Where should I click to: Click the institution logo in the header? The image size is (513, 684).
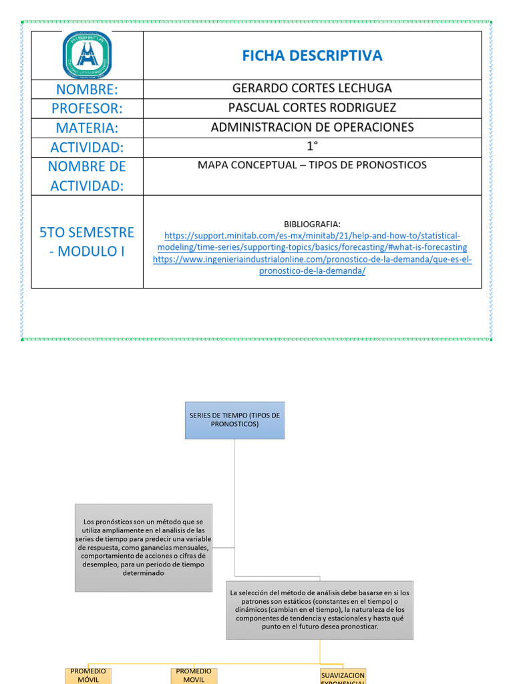click(x=88, y=55)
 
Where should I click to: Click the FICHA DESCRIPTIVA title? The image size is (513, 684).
click(x=312, y=55)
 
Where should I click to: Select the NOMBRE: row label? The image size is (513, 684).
click(x=87, y=90)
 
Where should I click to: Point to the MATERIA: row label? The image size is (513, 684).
click(x=87, y=128)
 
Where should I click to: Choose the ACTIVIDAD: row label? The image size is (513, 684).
click(x=87, y=148)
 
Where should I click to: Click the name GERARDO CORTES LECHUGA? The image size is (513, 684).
click(x=312, y=88)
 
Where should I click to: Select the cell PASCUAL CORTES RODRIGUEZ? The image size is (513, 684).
click(x=312, y=108)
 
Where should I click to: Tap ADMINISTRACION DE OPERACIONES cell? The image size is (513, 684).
click(x=312, y=127)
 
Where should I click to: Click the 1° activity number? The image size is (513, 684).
click(x=312, y=147)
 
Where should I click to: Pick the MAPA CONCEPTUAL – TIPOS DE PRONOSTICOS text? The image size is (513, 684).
click(x=312, y=165)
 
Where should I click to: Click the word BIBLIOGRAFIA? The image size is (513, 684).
click(x=312, y=224)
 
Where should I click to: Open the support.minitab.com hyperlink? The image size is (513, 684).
click(x=312, y=242)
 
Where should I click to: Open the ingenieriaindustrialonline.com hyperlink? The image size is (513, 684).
click(x=312, y=265)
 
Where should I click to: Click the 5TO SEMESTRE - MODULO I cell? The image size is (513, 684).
click(x=87, y=242)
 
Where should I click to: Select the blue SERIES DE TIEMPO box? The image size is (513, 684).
click(x=234, y=420)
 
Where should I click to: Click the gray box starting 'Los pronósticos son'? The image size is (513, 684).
click(x=144, y=548)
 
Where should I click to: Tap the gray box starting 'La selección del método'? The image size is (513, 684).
click(x=320, y=609)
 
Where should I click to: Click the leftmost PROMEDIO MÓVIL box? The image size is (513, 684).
click(x=88, y=675)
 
